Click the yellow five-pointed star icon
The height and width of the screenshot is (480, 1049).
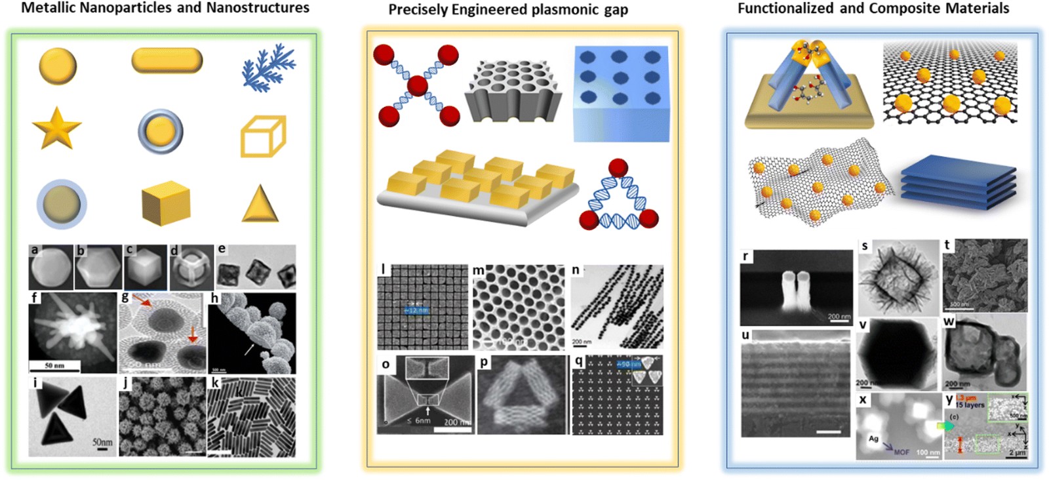(x=56, y=129)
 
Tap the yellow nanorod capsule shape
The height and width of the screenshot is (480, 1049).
(x=167, y=60)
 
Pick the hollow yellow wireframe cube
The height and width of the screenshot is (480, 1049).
(x=263, y=136)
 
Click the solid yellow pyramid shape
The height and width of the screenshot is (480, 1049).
(x=260, y=204)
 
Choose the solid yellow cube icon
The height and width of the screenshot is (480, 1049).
(x=166, y=203)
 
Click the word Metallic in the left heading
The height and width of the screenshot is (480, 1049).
(x=49, y=8)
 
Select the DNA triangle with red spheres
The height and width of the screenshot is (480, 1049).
(x=618, y=197)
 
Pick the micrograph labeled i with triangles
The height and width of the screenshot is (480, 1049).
(x=72, y=416)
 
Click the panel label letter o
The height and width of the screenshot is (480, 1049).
(x=386, y=364)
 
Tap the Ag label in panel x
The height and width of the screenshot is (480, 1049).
(x=873, y=439)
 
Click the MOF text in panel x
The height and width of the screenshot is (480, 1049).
(x=901, y=452)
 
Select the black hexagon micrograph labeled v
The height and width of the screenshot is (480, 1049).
(x=896, y=355)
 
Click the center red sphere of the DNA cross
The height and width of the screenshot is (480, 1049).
(x=417, y=85)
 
